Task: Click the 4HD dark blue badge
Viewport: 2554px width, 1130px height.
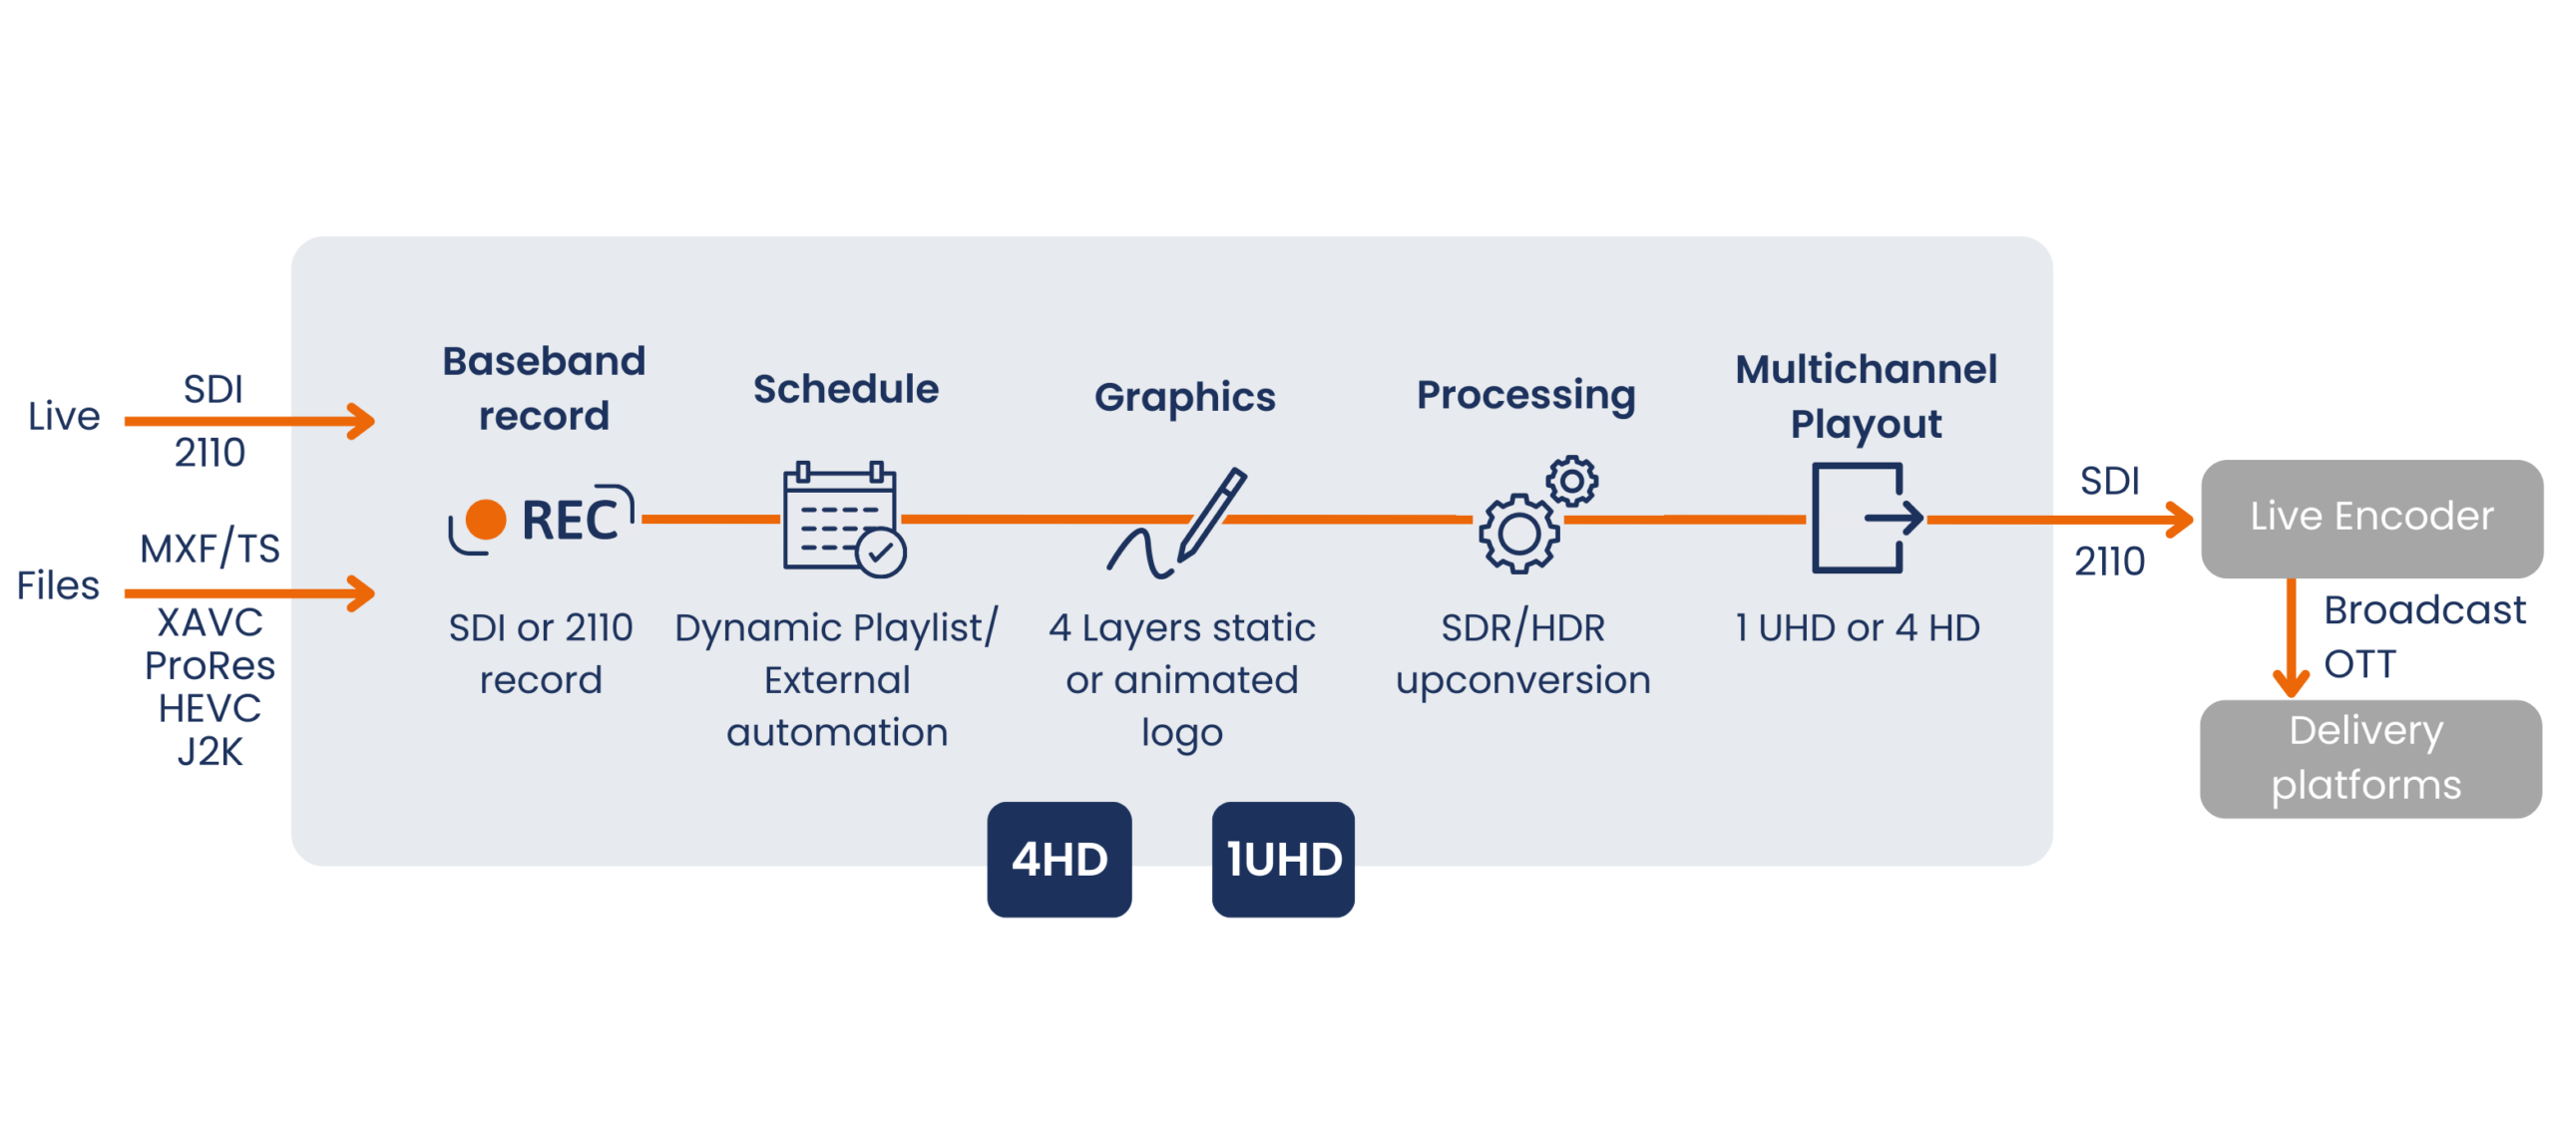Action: click(1058, 858)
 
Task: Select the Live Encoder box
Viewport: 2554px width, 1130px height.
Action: click(2369, 517)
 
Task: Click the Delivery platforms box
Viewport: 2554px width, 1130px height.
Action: click(2369, 758)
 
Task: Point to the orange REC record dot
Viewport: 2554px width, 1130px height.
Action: click(486, 519)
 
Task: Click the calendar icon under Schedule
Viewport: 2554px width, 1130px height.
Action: click(842, 519)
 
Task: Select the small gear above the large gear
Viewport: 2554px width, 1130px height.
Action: click(1570, 481)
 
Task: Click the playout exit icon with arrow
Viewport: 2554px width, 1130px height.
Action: click(1864, 517)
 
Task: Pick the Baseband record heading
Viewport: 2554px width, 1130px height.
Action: click(544, 388)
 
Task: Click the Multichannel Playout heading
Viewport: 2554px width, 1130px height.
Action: click(1865, 396)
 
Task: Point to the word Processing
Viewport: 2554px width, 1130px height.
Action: click(1524, 395)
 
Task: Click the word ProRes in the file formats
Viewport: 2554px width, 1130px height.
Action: click(210, 665)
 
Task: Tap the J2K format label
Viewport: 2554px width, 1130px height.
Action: click(210, 751)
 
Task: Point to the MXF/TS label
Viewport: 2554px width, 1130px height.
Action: click(210, 548)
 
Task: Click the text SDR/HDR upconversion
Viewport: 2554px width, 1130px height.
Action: click(1522, 653)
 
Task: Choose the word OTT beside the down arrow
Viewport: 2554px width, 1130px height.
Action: click(2359, 663)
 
